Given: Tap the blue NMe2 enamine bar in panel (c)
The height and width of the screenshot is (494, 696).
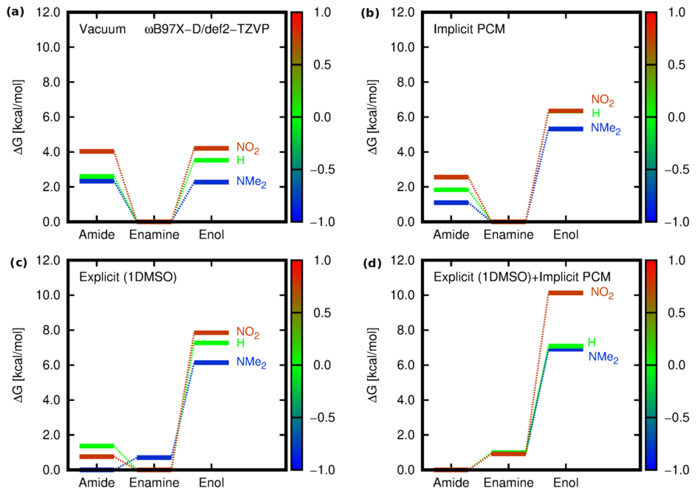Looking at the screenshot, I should click(154, 457).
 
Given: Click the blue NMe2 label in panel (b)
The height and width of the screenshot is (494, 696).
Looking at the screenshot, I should click(605, 128).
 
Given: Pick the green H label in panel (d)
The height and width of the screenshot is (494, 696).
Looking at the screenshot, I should click(591, 342).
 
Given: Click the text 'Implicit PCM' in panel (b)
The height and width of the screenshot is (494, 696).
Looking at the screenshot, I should click(469, 29).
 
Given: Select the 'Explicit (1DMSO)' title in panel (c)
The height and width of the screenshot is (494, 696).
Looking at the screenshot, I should click(128, 277).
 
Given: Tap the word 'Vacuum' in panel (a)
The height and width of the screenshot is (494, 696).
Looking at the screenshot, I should click(103, 29).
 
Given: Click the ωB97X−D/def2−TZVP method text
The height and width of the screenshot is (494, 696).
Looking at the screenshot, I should click(207, 29).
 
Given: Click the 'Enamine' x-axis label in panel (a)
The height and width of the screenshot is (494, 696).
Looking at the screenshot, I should click(154, 235).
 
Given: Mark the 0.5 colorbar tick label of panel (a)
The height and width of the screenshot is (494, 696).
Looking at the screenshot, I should click(322, 65).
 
